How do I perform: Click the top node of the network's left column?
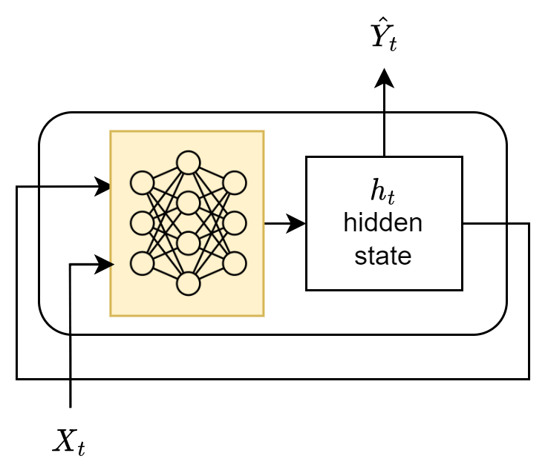pos(142,182)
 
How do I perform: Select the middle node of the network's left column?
pos(142,222)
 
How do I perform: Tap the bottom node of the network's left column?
pos(142,262)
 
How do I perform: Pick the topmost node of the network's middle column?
pos(189,162)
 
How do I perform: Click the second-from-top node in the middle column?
pos(189,202)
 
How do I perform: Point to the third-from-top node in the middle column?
pos(189,242)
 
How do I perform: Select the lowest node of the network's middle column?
pos(189,283)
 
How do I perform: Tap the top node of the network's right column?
pos(235,182)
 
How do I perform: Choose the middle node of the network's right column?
pos(235,222)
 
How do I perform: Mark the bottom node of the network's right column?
pos(235,262)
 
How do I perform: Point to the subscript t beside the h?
pos(391,196)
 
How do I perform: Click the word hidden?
pos(383,223)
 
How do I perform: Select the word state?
pos(383,256)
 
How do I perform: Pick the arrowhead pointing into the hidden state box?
pos(298,222)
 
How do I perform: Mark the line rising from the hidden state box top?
pos(384,135)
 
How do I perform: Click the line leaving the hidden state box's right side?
pos(483,222)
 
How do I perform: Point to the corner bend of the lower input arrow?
pos(70,265)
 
